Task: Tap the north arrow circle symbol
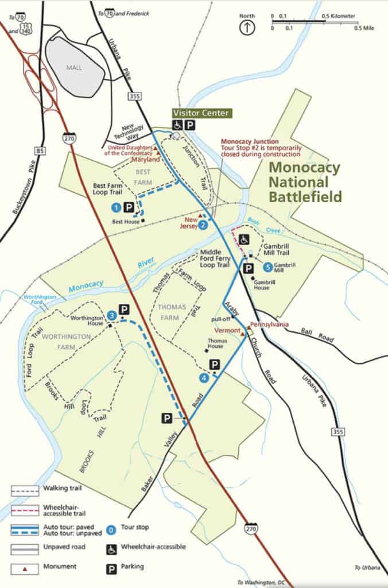point(247,27)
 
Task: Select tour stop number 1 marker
point(117,207)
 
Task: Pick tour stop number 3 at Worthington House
point(112,315)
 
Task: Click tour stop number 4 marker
point(204,377)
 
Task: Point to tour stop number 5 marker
point(267,266)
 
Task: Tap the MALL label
point(74,67)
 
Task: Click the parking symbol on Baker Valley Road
point(166,419)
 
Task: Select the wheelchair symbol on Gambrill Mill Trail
point(244,239)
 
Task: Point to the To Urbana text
point(367,567)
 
